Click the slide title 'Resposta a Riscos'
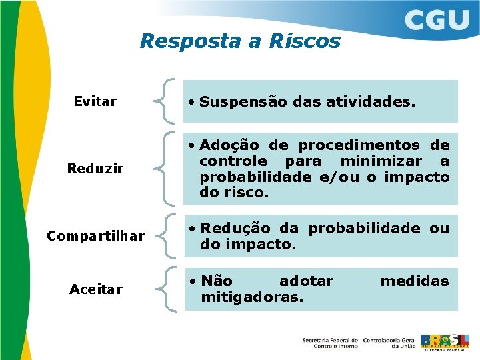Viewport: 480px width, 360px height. (x=239, y=41)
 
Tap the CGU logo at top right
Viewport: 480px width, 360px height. (x=436, y=21)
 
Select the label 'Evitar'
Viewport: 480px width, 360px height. (x=95, y=101)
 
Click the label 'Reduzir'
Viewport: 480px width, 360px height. (x=95, y=169)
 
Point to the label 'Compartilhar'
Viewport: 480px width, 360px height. (x=95, y=236)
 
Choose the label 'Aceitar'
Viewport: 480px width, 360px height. (x=96, y=289)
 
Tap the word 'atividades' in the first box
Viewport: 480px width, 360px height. (x=374, y=102)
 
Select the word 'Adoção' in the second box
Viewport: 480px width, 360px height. (x=229, y=145)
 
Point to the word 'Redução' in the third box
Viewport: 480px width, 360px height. (x=233, y=228)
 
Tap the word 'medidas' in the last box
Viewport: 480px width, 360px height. (x=414, y=281)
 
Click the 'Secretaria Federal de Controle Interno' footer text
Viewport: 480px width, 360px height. (x=330, y=343)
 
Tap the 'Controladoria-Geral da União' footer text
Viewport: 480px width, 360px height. (x=389, y=343)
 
